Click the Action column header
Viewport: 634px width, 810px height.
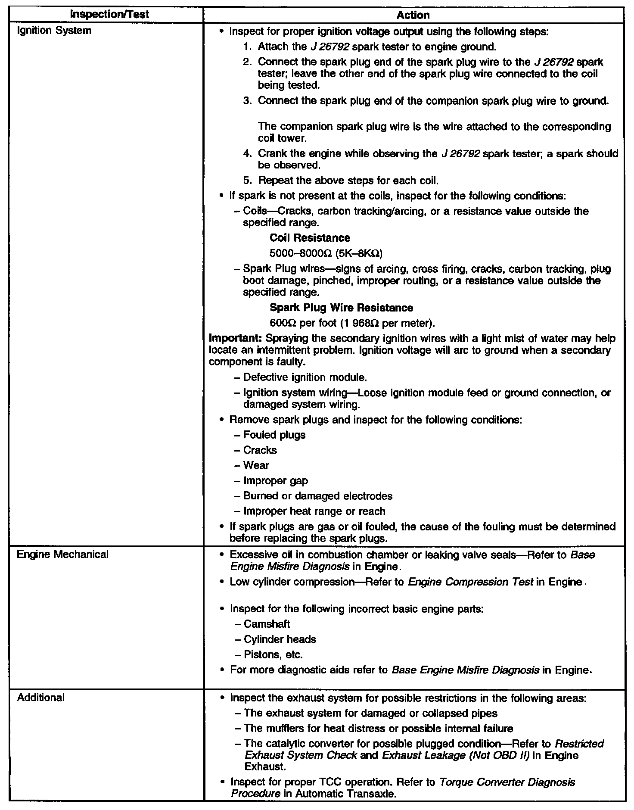(x=413, y=15)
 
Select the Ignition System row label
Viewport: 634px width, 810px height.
(x=54, y=31)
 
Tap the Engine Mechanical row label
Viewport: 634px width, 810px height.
(x=62, y=555)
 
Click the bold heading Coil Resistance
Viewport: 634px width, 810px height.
(x=310, y=238)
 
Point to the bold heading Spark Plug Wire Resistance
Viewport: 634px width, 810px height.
(x=341, y=308)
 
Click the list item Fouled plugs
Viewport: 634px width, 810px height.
(x=274, y=435)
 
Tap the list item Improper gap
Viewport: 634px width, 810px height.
(x=276, y=481)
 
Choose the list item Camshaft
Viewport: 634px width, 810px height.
(x=267, y=624)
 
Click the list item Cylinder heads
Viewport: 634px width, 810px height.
(x=280, y=639)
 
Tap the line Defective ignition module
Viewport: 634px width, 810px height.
(x=305, y=378)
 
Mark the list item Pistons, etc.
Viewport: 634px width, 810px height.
(x=273, y=655)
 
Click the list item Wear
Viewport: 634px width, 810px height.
(x=256, y=466)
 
